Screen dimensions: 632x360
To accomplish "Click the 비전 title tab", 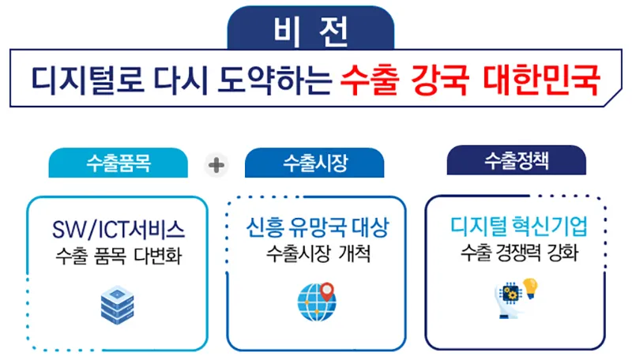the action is pos(310,28).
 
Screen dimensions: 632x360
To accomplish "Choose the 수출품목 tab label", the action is pos(118,163).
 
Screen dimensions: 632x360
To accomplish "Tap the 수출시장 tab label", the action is pos(315,163).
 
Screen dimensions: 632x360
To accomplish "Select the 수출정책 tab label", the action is pos(517,161).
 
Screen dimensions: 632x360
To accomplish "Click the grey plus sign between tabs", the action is pos(216,165).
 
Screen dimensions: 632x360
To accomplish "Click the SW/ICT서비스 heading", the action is pos(118,230).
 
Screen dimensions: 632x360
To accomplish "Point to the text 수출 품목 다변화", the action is pos(118,256).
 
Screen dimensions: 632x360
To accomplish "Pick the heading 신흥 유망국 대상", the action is pos(318,227).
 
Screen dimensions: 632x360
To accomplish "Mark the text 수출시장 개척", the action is pos(318,253).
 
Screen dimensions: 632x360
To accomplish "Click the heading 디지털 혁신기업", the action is pos(519,227).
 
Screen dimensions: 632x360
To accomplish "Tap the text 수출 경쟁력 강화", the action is pos(519,253).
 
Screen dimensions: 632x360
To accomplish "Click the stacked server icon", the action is pos(117,306).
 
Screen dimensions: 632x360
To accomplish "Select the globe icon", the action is pos(317,302).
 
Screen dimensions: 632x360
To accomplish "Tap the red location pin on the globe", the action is pos(327,291).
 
